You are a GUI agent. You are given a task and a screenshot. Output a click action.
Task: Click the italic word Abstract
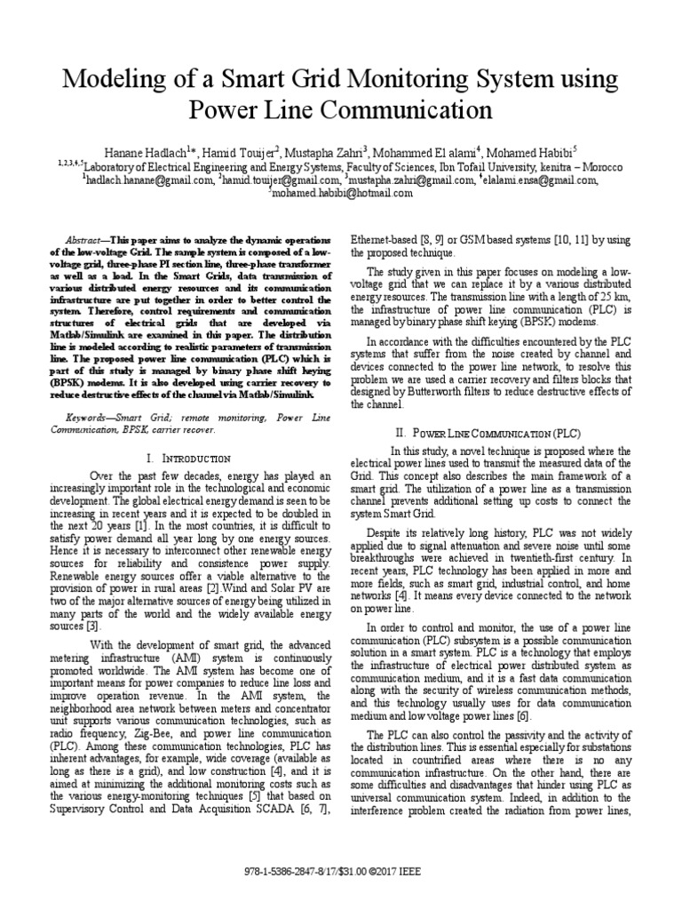coord(85,241)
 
